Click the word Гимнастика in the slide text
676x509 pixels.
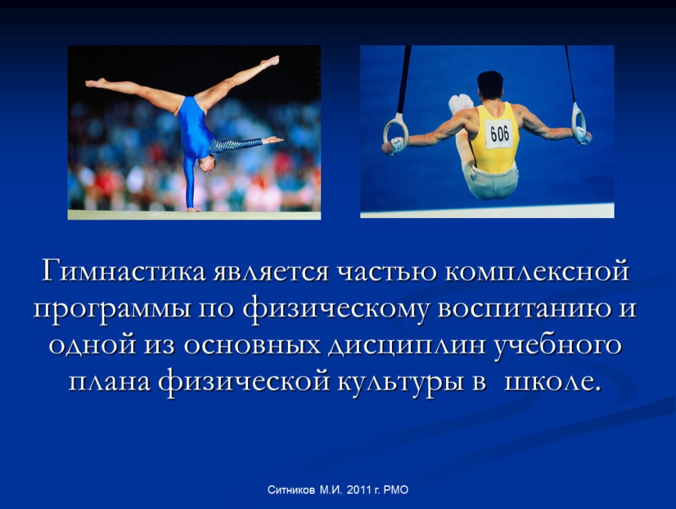pos(124,271)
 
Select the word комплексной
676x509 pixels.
pos(537,272)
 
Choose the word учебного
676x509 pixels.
pos(558,345)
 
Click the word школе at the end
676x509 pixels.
pos(547,382)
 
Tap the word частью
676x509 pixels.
pos(386,272)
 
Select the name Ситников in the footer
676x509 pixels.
pos(291,490)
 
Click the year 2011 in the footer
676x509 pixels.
pos(359,490)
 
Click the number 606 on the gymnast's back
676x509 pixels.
pos(500,133)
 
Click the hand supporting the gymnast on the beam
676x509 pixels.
pos(192,209)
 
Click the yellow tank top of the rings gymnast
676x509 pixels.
pos(496,138)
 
